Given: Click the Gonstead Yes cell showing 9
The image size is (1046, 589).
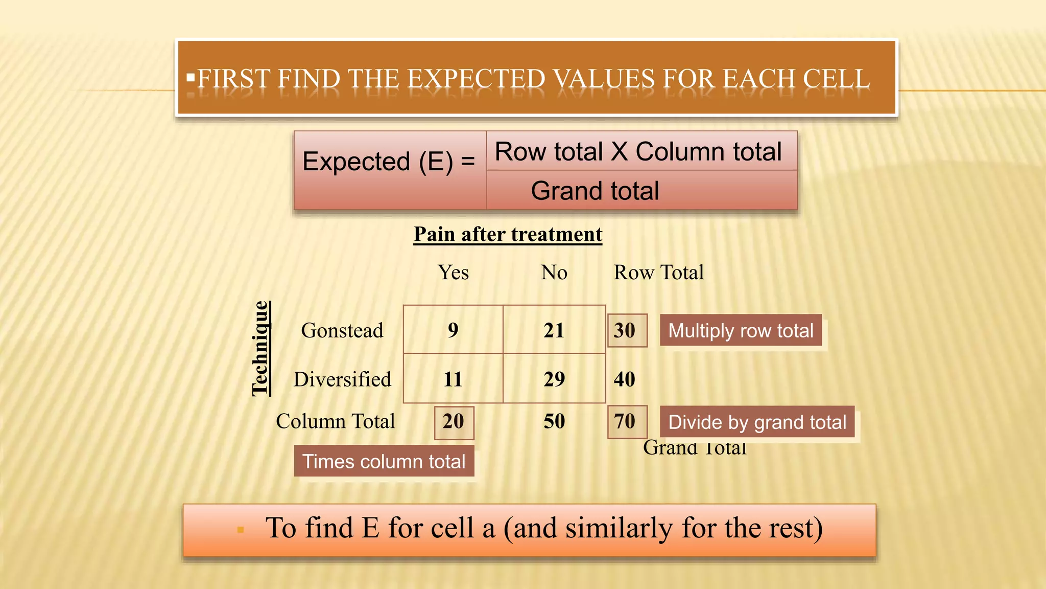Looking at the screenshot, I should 453,330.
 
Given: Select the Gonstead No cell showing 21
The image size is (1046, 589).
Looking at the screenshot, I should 554,330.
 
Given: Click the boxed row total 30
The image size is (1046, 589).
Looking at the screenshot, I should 627,330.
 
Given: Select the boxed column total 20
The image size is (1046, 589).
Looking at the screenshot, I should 454,422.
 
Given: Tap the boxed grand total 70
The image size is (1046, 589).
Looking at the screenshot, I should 627,422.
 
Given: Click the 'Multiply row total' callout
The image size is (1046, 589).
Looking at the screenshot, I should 741,331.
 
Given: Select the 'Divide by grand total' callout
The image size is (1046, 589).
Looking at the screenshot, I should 757,422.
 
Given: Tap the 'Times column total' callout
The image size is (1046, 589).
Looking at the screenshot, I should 384,461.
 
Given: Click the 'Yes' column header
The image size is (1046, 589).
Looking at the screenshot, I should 454,273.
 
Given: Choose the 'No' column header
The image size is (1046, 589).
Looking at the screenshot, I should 554,273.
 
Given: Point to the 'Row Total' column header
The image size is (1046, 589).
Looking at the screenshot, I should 658,273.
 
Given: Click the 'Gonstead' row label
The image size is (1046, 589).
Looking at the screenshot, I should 342,331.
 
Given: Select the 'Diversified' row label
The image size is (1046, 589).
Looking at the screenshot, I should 342,379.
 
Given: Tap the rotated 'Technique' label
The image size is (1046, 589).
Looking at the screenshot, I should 260,349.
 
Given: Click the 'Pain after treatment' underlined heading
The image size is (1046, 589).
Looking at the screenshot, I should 508,234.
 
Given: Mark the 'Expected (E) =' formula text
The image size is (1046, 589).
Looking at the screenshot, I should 389,162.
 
